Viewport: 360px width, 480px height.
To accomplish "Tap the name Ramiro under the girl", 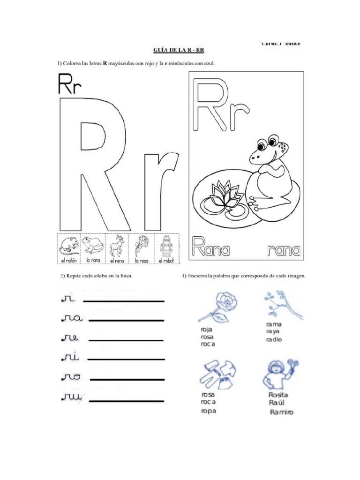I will (x=281, y=412).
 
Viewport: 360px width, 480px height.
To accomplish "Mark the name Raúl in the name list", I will (x=277, y=403).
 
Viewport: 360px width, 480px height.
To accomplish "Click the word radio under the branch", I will (x=274, y=339).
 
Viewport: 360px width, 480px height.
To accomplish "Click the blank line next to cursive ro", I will (x=127, y=379).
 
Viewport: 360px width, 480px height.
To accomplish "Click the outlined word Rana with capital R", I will (x=210, y=247).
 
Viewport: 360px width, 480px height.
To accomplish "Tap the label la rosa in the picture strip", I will (x=141, y=260).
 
